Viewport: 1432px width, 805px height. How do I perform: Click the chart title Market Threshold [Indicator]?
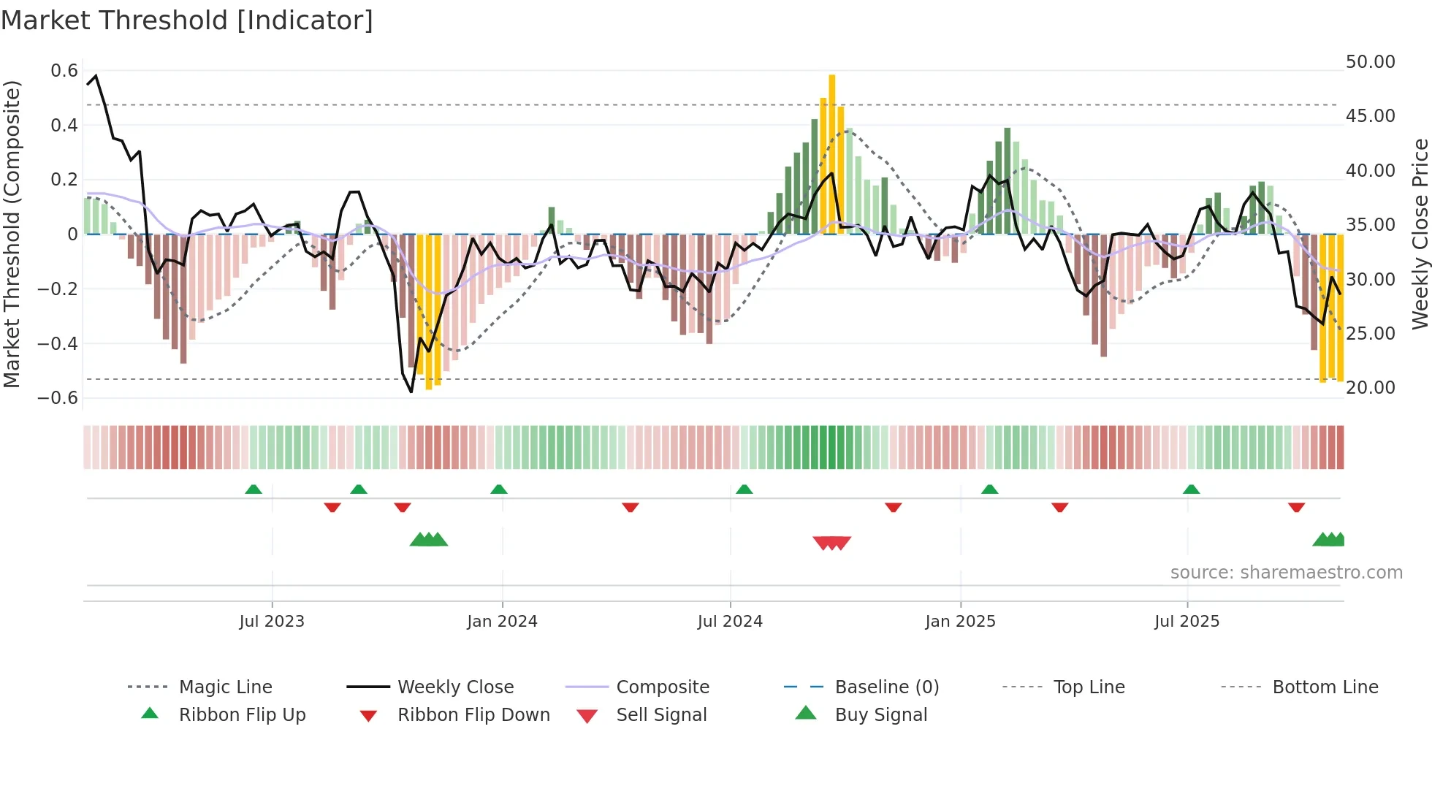point(187,20)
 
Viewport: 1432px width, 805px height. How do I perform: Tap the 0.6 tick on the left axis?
point(64,71)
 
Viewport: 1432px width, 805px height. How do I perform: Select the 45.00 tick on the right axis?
point(1370,116)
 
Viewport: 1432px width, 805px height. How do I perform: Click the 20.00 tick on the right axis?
point(1370,388)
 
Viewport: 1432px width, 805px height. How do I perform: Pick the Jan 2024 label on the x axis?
point(502,622)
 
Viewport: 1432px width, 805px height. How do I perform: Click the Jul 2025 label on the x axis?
point(1187,622)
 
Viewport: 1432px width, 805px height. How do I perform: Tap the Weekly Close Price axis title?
point(1420,234)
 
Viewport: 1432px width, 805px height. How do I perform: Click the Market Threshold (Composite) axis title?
point(12,234)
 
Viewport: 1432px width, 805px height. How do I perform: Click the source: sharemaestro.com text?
point(1286,573)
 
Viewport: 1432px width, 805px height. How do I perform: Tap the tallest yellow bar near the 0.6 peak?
point(831,153)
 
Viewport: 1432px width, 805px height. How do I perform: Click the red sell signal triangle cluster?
point(831,543)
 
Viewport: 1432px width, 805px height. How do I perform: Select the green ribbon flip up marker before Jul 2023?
point(254,489)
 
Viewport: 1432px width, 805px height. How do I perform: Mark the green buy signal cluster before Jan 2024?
point(429,540)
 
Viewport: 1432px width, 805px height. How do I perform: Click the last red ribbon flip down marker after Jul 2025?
point(1296,507)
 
